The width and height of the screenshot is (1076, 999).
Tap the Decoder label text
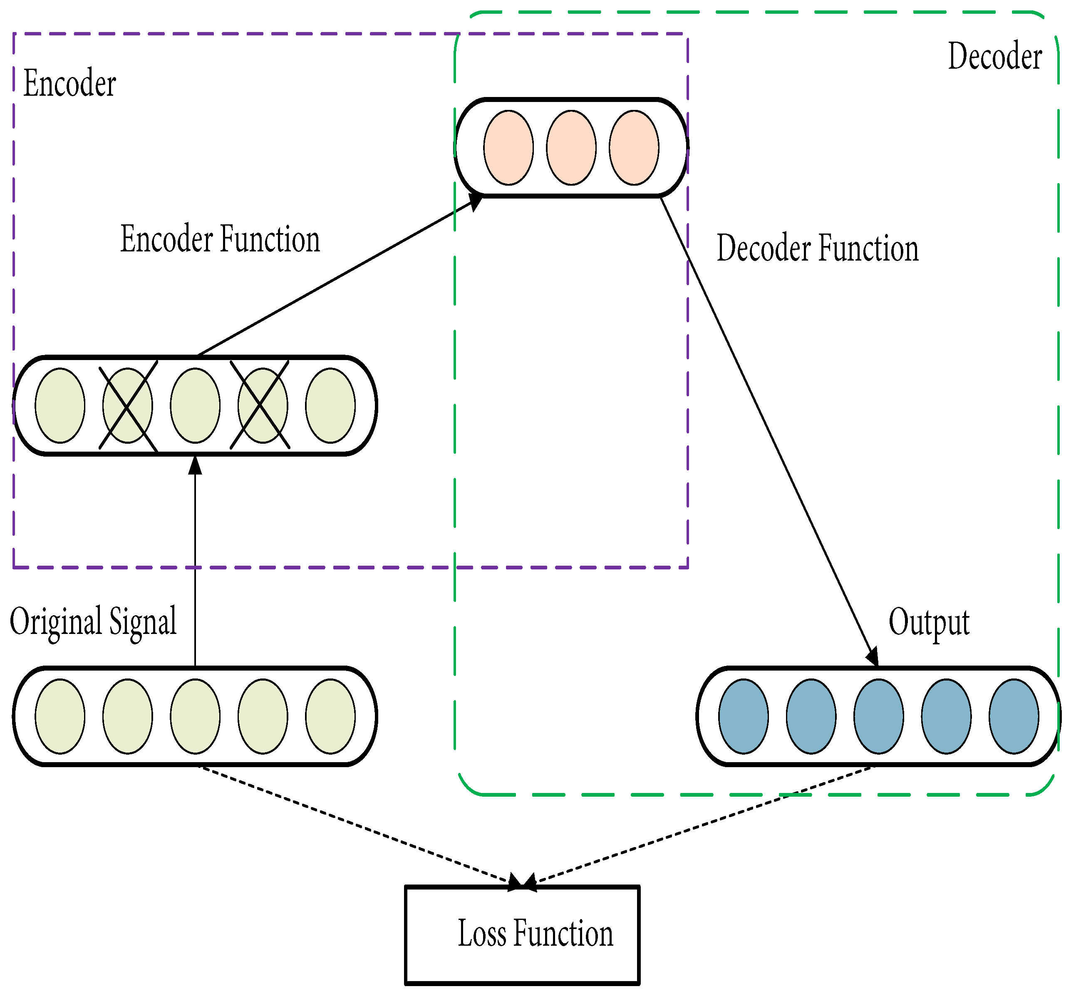[x=994, y=56]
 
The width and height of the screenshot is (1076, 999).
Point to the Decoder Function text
[x=817, y=248]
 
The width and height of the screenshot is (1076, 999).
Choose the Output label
[x=928, y=622]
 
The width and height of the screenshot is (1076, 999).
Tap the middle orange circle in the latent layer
[x=571, y=148]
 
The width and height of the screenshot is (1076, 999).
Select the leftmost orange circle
[x=508, y=148]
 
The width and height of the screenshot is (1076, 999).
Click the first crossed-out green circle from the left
[x=128, y=405]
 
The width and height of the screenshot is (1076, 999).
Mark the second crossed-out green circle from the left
[x=263, y=405]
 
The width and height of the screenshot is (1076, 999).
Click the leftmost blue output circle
[x=743, y=716]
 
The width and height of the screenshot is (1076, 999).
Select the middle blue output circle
[x=878, y=716]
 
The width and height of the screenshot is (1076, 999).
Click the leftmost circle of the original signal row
[x=60, y=716]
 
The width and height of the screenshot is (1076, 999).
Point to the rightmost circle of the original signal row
[x=330, y=716]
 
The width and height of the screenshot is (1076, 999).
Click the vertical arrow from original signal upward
[x=195, y=562]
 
